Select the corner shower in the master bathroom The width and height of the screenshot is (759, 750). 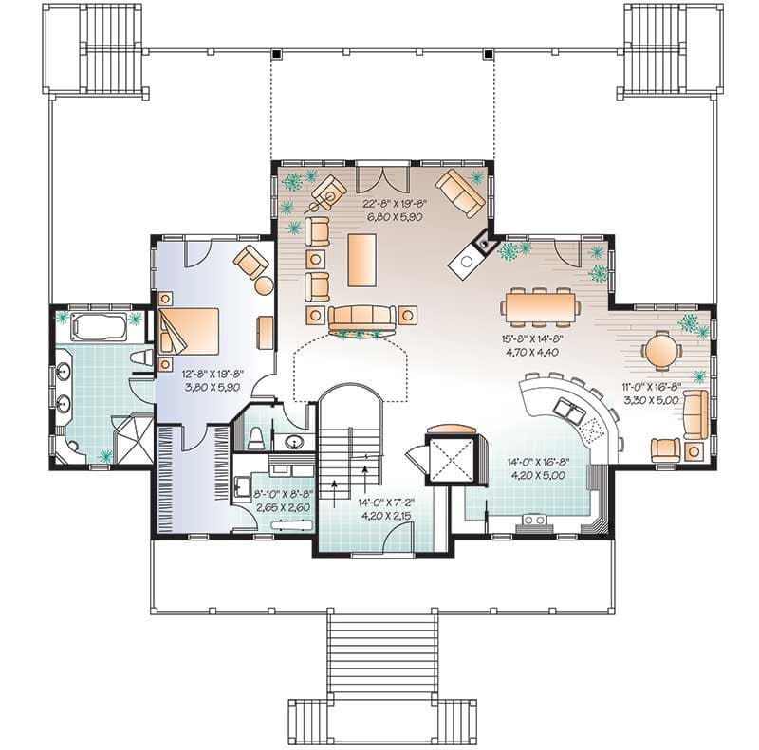tap(132, 435)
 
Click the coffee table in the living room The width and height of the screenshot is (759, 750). tap(361, 259)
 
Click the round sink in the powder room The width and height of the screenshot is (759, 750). tap(290, 442)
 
